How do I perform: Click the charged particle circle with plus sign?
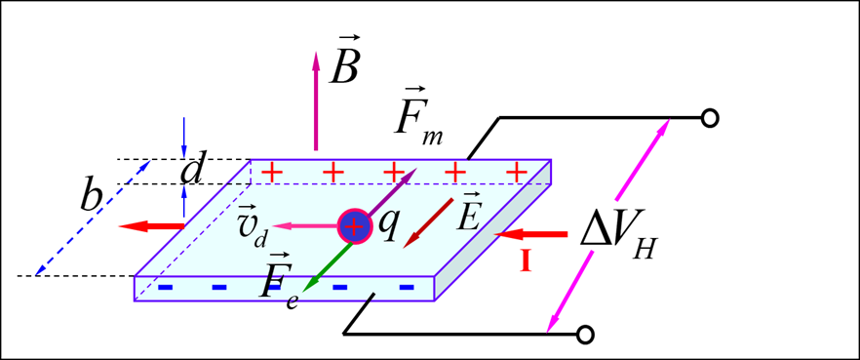[355, 227]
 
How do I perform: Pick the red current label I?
[526, 260]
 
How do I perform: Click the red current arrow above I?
[530, 234]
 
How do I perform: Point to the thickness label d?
[193, 171]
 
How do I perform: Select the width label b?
[93, 197]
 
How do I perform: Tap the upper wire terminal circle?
[711, 118]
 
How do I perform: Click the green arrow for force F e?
[326, 265]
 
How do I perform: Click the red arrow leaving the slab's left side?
[151, 226]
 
